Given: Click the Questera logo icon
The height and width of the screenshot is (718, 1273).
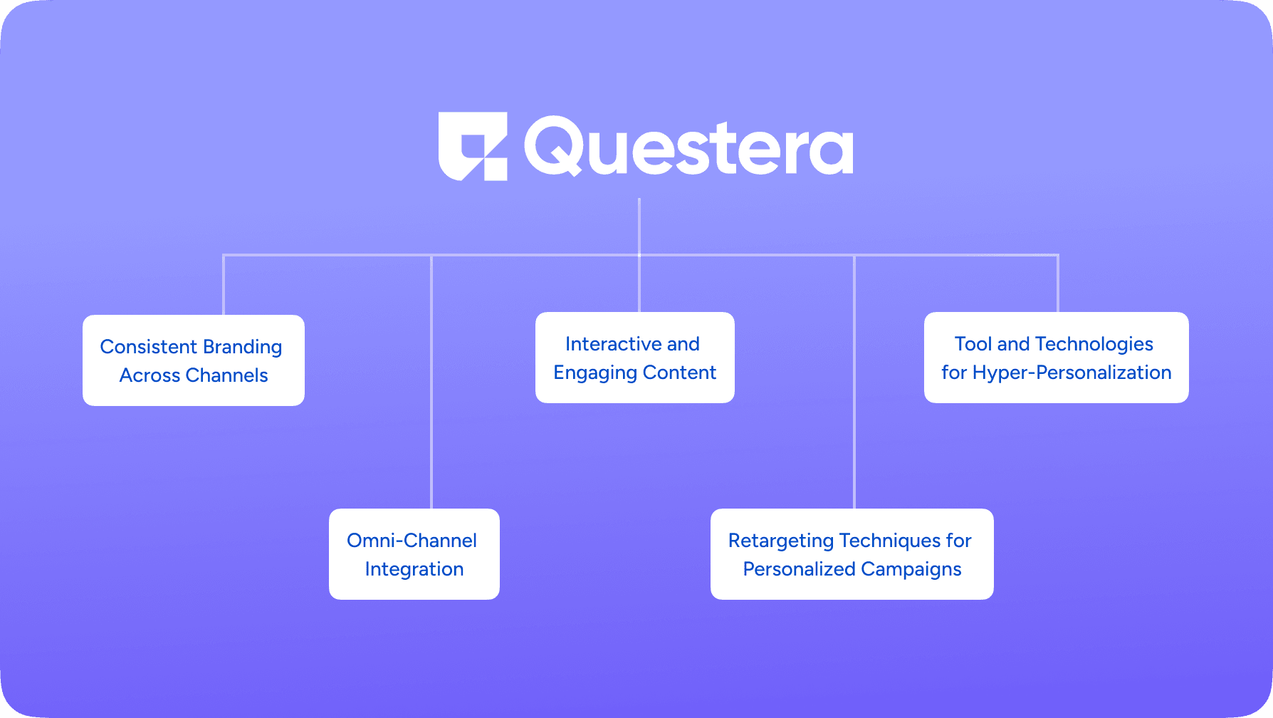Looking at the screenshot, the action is coord(473,146).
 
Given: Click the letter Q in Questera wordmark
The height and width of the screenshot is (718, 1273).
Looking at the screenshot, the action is coord(554,146).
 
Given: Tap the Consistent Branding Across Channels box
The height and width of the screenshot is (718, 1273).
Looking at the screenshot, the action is coord(194,360).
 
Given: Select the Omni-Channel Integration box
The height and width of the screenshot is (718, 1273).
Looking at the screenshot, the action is coord(414,554).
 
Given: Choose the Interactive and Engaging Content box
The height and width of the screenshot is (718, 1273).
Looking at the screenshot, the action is coord(635,358).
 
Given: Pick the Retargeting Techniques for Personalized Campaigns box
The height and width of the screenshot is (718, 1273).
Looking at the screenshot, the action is coord(852,554).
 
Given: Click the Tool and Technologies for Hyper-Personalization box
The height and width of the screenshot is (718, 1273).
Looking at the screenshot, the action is coord(1057,358).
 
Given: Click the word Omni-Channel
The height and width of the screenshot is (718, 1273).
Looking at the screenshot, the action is coord(412,541).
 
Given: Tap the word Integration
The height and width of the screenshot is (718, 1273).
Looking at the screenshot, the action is coord(414,570).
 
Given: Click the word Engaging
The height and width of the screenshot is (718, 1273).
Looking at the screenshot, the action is coord(595,373).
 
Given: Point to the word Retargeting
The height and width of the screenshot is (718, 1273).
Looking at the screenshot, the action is coord(781,541).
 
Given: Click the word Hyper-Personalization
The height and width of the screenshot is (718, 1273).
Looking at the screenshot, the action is coord(1072,373).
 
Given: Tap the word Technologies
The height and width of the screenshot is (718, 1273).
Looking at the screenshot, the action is coord(1094,345).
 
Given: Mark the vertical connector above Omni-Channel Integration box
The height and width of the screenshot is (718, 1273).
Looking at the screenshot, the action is coord(431,382).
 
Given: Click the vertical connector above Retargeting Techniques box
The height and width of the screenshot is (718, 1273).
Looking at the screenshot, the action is coord(854,382).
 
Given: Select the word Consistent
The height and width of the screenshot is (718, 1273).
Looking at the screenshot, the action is coord(148,347).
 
